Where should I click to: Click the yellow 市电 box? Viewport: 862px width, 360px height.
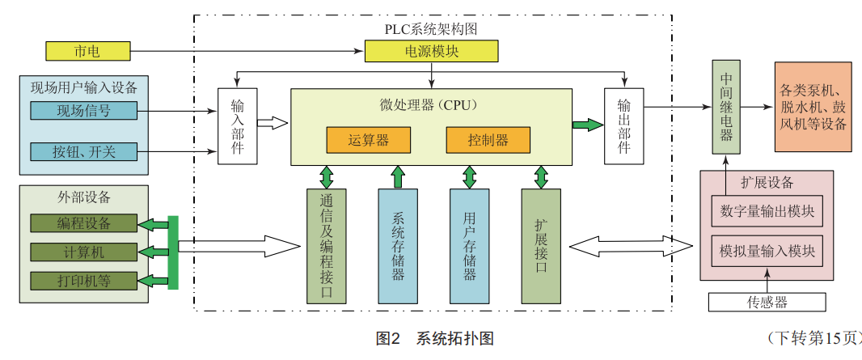87,52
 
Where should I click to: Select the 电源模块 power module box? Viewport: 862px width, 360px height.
432,52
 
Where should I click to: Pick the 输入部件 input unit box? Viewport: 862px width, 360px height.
237,126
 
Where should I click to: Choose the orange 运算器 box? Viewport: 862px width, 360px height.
368,140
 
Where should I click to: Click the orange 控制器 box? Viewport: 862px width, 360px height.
488,140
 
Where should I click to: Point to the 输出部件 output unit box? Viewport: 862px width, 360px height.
624,126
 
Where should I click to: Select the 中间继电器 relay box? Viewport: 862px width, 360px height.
726,106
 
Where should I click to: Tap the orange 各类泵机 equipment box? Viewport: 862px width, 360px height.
813,106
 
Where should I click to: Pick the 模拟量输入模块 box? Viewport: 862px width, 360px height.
767,252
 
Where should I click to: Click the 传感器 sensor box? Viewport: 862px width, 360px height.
767,303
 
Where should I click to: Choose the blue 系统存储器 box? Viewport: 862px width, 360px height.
398,246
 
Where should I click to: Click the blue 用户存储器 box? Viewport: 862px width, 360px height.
469,246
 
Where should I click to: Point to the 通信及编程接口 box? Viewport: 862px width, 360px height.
327,246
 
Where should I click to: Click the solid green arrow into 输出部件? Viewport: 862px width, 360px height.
588,125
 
